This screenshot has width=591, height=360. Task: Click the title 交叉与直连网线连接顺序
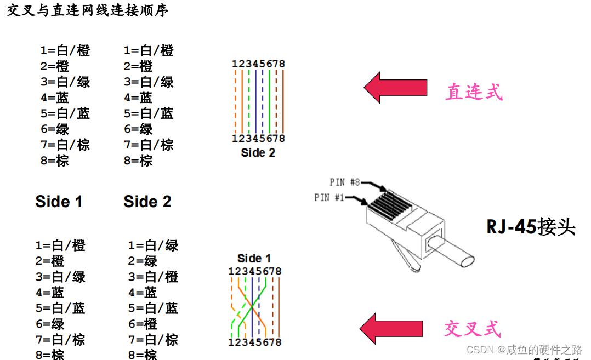tap(87, 11)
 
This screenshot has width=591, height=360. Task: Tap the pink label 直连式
tap(474, 92)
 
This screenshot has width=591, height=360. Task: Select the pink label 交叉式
tap(472, 329)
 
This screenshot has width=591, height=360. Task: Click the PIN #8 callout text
tap(345, 182)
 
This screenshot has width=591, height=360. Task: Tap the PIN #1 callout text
tap(329, 197)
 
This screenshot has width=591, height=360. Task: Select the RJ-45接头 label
tap(531, 226)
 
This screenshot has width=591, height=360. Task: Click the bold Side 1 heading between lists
tap(59, 202)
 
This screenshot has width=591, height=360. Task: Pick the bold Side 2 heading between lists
tap(147, 202)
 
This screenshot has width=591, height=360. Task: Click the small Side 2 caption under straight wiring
tap(258, 153)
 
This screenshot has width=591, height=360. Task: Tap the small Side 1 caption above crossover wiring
tap(254, 258)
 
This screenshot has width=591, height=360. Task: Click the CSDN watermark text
tap(524, 349)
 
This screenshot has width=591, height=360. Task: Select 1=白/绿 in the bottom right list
tap(154, 245)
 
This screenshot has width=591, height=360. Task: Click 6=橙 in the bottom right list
tap(143, 324)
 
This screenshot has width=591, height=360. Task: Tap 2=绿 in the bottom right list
tap(143, 261)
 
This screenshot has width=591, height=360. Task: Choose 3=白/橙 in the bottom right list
tap(154, 277)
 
